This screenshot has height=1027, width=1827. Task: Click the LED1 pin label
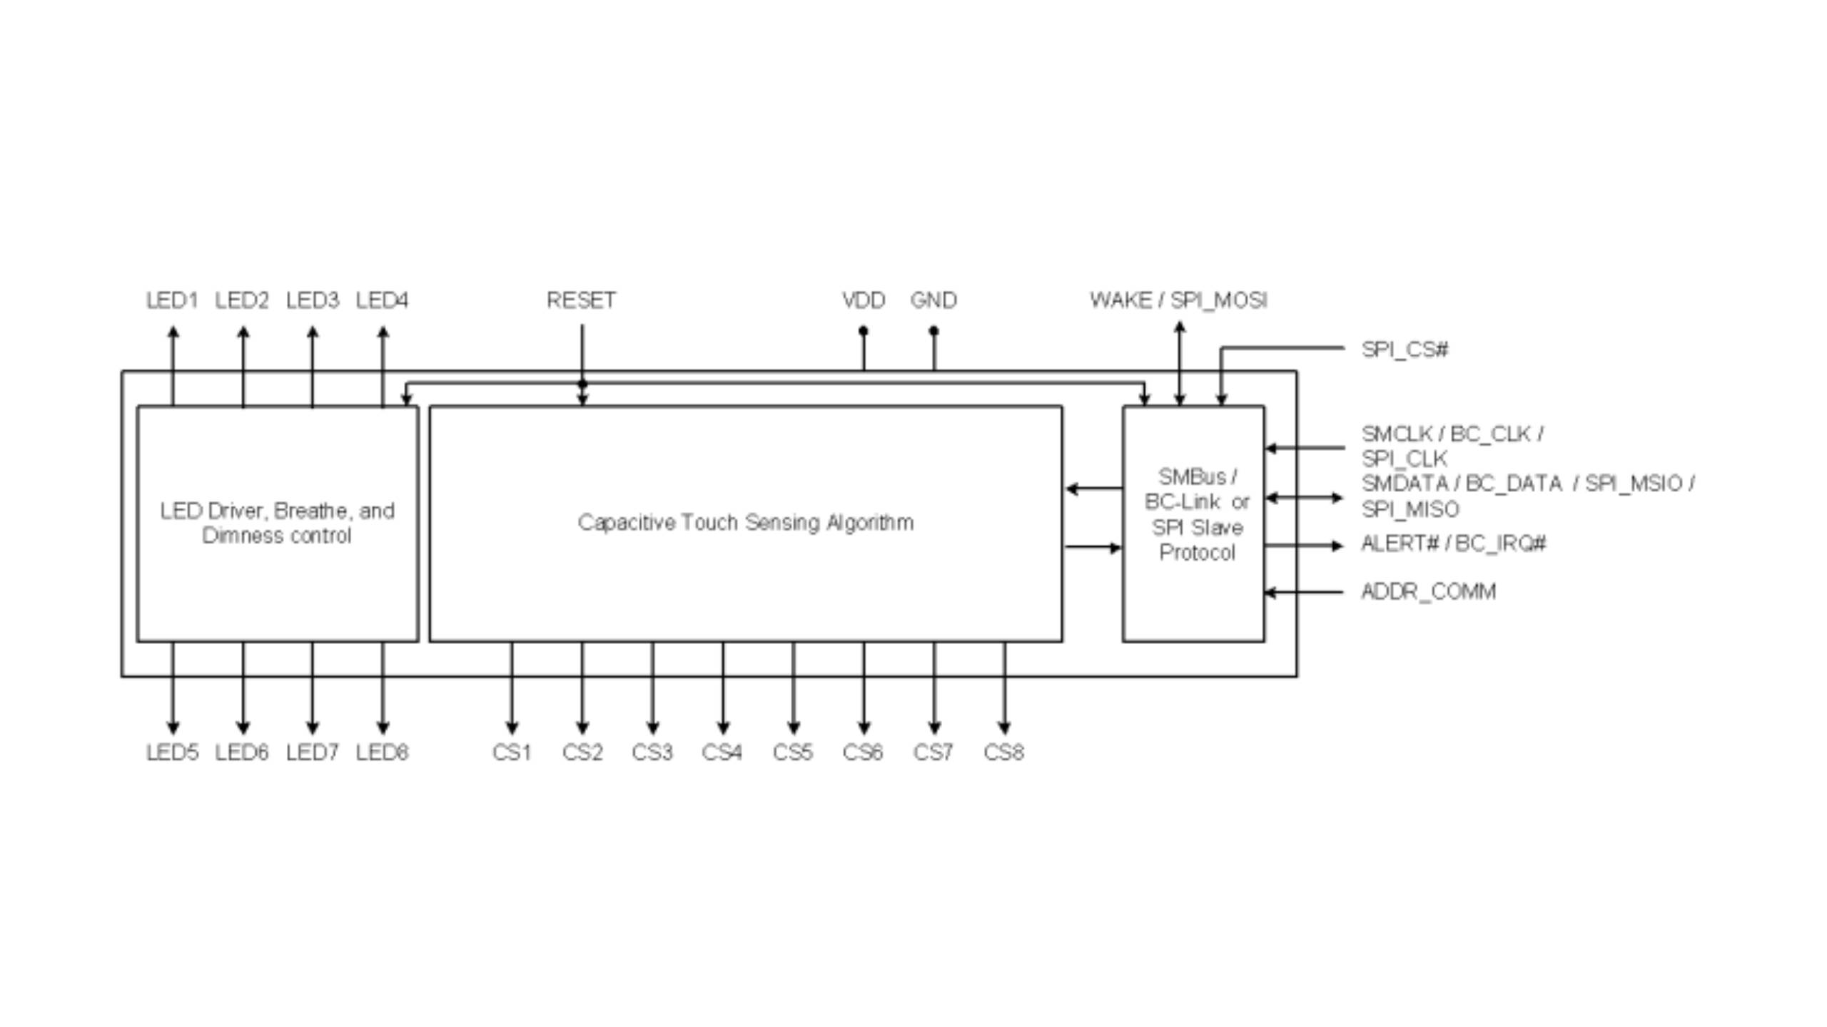point(171,300)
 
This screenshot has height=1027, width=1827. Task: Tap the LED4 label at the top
point(382,300)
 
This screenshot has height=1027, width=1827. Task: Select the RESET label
point(581,300)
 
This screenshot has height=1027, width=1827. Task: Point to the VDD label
point(863,300)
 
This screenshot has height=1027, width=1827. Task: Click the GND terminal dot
point(933,331)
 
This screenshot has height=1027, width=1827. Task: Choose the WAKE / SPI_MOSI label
point(1178,300)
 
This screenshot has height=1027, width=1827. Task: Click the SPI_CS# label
point(1405,349)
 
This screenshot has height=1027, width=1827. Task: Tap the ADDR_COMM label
point(1428,591)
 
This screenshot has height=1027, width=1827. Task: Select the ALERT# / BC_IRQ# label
point(1453,543)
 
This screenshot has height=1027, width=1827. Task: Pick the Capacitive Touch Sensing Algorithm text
point(745,523)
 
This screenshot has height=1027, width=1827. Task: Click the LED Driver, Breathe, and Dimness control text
point(277,523)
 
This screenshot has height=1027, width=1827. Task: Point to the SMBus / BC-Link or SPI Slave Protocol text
point(1197,514)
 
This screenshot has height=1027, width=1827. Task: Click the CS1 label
point(511,752)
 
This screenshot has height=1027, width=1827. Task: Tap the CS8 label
point(1003,752)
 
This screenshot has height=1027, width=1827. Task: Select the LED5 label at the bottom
point(171,752)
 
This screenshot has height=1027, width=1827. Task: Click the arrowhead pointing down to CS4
point(722,727)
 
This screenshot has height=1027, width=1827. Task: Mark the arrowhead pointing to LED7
point(312,727)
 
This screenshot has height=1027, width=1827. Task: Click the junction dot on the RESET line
point(582,384)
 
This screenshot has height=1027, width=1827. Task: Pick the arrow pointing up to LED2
point(243,333)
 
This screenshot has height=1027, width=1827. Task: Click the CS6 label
point(862,752)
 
